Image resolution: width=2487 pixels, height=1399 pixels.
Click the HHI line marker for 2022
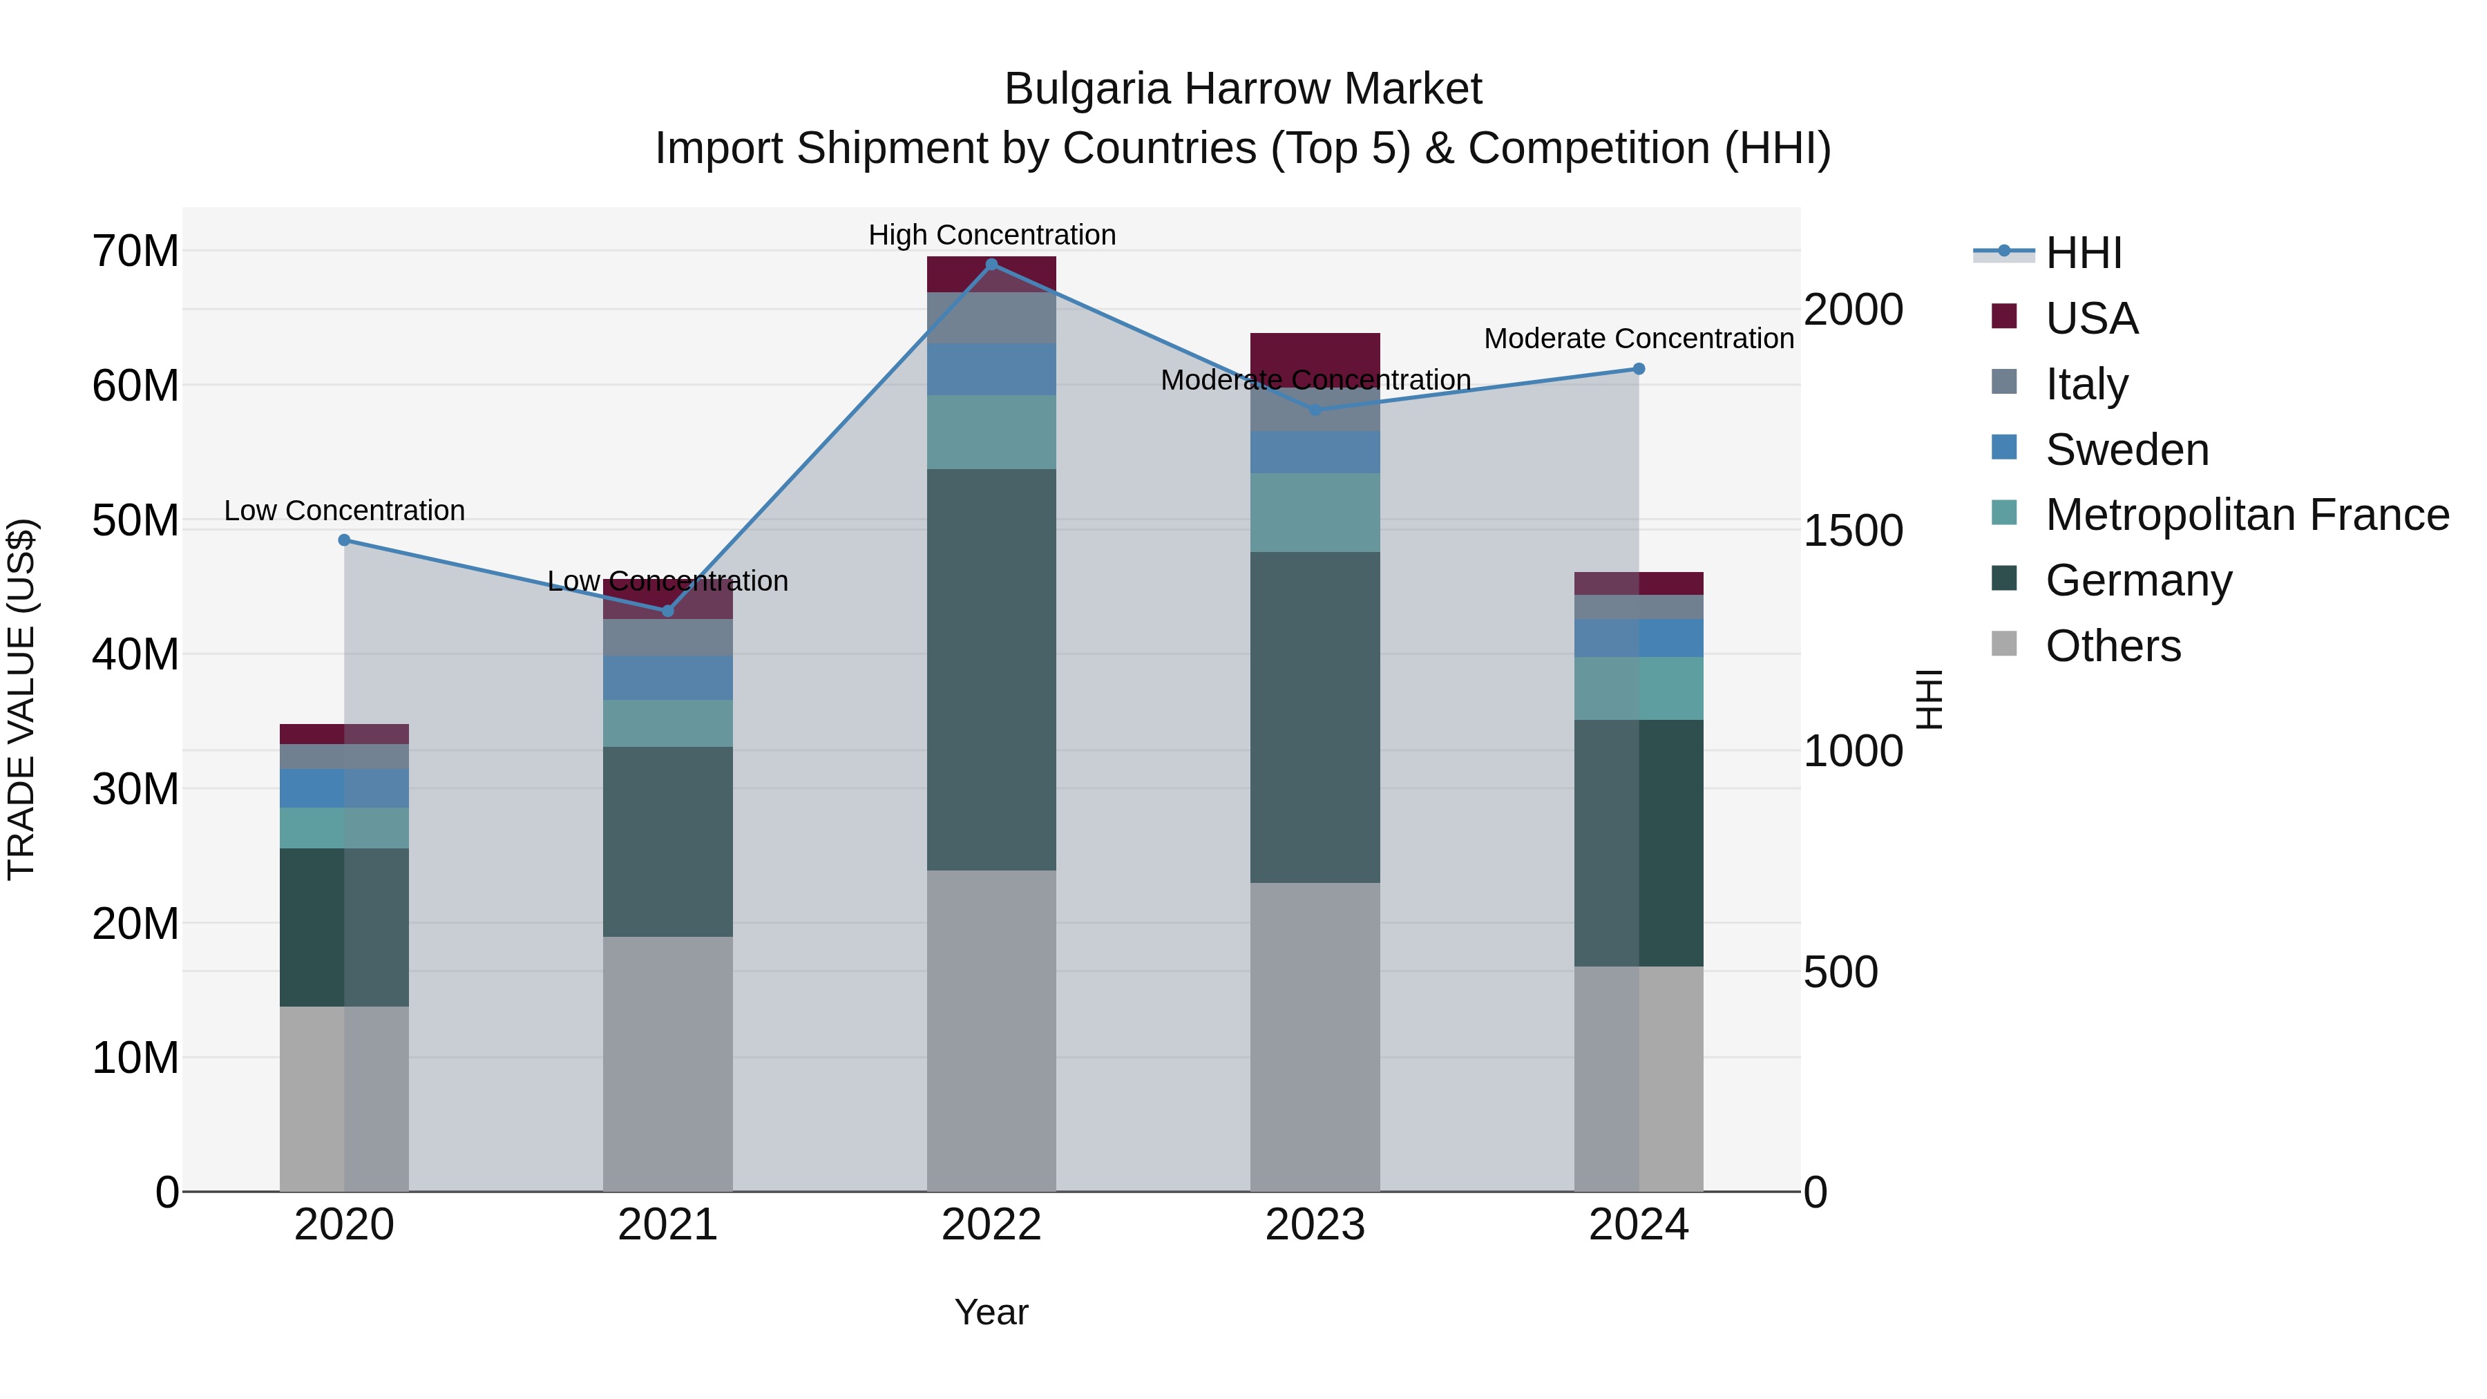tap(991, 264)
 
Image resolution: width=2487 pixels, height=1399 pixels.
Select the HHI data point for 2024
tap(1639, 369)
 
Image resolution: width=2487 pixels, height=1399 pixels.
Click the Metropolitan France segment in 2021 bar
tap(667, 723)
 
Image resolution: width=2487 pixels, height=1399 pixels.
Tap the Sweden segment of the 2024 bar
tap(1639, 638)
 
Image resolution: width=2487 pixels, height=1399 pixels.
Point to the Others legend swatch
tap(2004, 644)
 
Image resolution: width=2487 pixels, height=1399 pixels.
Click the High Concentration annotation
tap(991, 235)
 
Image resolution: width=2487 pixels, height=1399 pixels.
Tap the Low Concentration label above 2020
tap(344, 510)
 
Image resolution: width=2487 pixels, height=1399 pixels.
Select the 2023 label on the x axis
tap(1314, 1225)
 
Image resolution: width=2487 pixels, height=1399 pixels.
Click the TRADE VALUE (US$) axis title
tap(21, 699)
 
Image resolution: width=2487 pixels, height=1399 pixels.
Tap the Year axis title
tap(991, 1312)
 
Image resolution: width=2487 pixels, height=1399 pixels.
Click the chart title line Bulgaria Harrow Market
tap(1243, 89)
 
